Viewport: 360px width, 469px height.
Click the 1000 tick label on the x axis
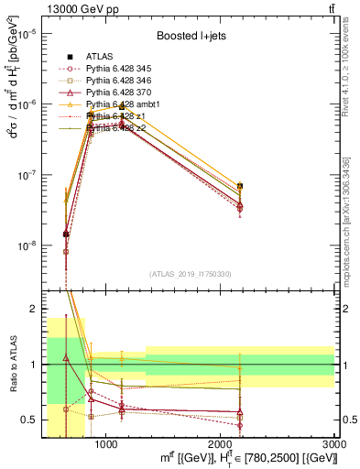(106, 444)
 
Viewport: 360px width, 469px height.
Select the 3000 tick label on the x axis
(335, 444)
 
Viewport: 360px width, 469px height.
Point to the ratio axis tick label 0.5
(27, 420)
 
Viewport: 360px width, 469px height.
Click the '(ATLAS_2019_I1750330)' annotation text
(191, 274)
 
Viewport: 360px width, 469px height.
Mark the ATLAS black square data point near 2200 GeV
(239, 186)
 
